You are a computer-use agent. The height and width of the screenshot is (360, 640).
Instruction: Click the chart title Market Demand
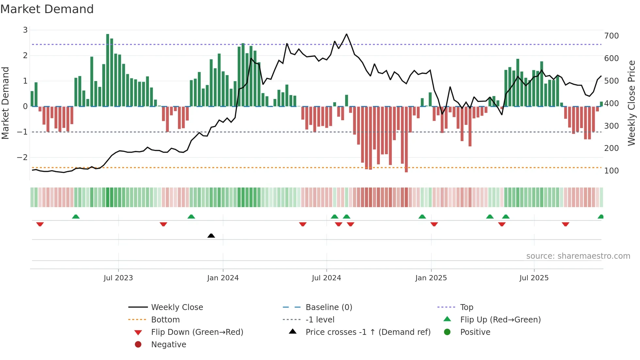[47, 9]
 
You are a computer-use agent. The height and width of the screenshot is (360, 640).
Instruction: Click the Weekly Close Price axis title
[632, 103]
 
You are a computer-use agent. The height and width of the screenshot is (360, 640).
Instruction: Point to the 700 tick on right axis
[611, 36]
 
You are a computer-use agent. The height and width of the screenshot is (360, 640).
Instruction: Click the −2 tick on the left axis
[22, 157]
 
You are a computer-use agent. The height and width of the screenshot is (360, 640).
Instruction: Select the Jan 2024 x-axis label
[223, 278]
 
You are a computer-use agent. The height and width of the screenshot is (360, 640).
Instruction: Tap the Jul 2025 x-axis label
[534, 278]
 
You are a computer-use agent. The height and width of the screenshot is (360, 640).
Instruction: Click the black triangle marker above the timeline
[211, 236]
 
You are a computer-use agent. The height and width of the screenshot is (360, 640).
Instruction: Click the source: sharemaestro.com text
[578, 256]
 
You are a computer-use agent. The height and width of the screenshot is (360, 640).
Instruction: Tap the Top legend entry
[466, 307]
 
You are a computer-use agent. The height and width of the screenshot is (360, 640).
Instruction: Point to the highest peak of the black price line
[346, 34]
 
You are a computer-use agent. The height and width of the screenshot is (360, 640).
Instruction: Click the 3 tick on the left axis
[25, 30]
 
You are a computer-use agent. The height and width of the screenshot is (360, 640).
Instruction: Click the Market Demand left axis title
[5, 103]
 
